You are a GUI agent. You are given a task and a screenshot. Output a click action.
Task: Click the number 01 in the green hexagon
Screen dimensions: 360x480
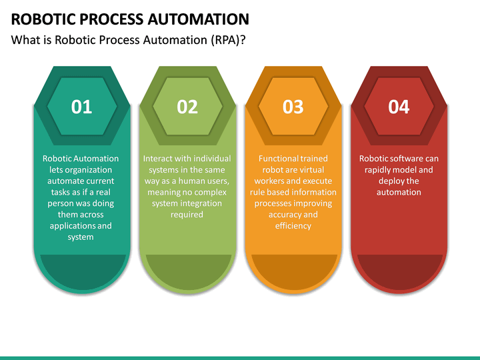81,107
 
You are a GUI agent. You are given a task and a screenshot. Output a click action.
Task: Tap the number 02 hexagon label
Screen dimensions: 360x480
187,107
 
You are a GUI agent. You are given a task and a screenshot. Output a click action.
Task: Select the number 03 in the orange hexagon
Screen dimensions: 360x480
293,107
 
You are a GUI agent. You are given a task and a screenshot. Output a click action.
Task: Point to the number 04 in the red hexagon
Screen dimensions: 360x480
399,107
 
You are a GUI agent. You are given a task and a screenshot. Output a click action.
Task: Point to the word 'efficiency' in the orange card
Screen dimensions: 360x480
293,226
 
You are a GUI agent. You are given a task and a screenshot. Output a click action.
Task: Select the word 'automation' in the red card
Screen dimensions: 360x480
399,192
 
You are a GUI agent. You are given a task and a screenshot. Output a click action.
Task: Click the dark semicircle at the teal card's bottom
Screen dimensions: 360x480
81,270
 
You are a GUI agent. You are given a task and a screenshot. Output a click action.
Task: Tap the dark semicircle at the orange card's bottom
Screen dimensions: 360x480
293,270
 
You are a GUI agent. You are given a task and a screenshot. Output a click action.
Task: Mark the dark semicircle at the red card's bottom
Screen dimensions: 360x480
399,270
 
